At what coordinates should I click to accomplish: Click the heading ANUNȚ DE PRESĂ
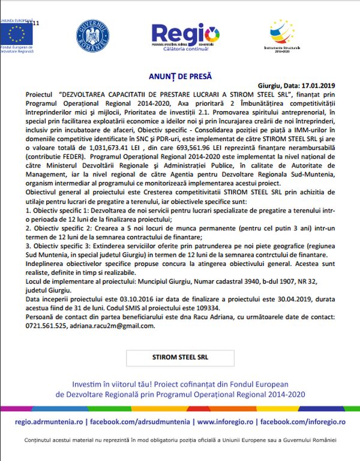point(180,77)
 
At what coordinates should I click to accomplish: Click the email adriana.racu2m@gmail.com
point(117,326)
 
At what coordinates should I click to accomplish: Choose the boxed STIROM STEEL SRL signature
point(181,356)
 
